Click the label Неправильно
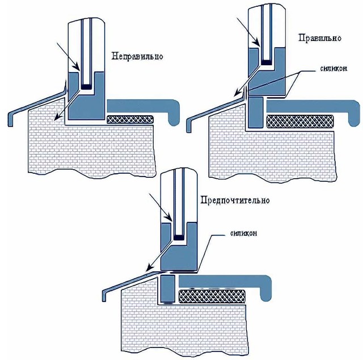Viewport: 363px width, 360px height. point(137,56)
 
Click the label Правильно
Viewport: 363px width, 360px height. point(320,38)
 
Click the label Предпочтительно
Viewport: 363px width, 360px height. point(235,199)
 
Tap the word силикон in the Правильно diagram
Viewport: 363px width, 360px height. point(334,69)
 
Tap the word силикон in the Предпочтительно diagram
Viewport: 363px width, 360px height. point(243,233)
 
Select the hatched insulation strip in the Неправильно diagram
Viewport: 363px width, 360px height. point(130,119)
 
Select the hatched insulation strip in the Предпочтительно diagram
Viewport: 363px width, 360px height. point(212,296)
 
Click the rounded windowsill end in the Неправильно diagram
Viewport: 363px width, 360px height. point(174,113)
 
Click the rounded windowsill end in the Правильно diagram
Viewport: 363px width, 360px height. point(354,114)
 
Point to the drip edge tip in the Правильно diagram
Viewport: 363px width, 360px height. point(189,131)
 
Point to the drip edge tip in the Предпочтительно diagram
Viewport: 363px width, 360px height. point(104,300)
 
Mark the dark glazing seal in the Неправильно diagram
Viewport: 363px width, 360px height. point(87,87)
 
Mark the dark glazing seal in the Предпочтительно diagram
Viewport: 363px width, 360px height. point(179,237)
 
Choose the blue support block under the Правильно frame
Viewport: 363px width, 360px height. point(255,112)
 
